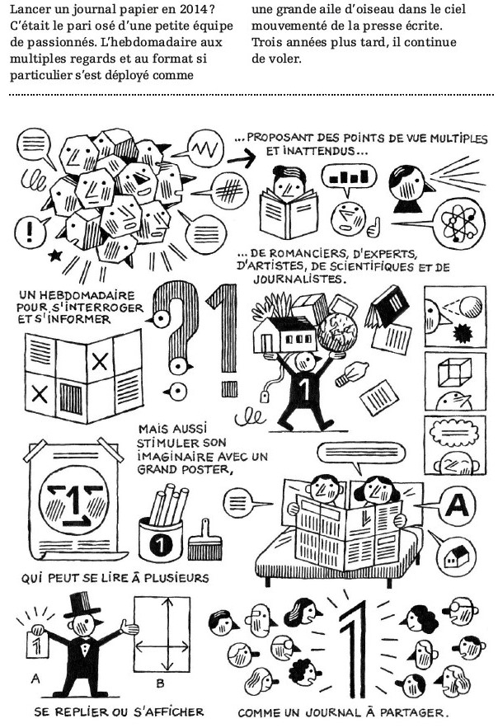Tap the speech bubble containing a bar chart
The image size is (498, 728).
click(x=349, y=178)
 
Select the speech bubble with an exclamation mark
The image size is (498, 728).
click(x=31, y=231)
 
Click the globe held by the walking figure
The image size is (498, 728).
click(x=341, y=332)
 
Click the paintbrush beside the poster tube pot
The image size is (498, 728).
click(x=205, y=540)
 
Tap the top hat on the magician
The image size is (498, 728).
click(x=82, y=605)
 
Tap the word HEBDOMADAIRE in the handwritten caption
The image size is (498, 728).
click(x=87, y=295)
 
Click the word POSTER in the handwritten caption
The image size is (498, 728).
click(x=206, y=469)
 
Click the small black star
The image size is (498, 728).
click(x=55, y=255)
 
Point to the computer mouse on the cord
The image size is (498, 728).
click(x=263, y=397)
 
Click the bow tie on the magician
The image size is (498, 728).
click(x=84, y=646)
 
